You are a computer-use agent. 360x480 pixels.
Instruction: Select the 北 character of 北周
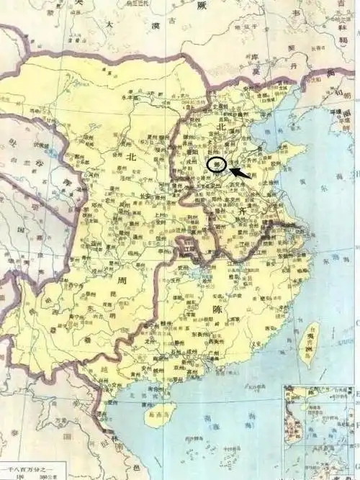point(131,156)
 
